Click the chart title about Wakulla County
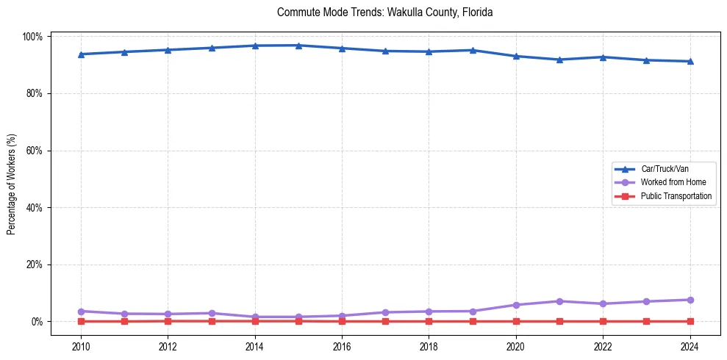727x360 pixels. [384, 12]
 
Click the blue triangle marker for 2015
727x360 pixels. [298, 46]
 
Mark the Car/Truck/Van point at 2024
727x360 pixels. [690, 61]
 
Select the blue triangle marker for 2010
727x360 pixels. [81, 54]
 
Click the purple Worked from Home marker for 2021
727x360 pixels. [559, 301]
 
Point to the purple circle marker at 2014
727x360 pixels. [255, 317]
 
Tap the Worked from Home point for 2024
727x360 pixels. [690, 300]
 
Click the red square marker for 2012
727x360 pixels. [168, 321]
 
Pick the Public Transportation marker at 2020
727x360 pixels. [516, 321]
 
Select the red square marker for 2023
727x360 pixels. [646, 321]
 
